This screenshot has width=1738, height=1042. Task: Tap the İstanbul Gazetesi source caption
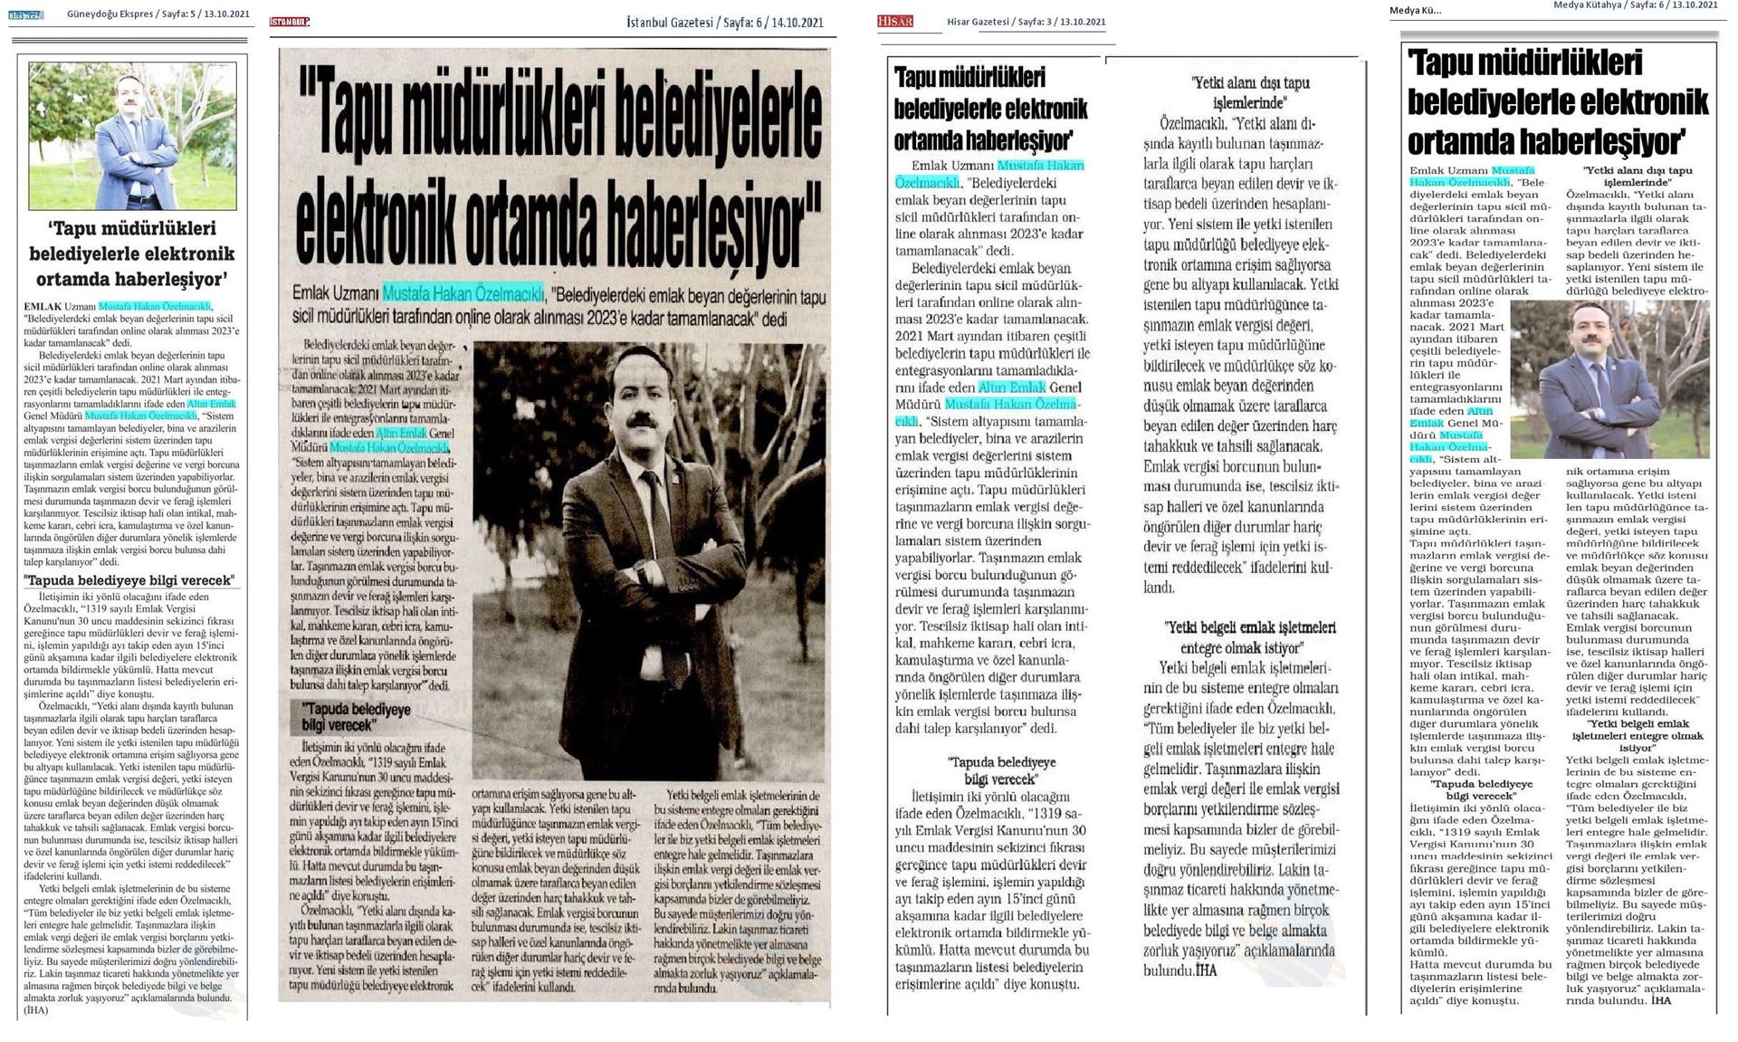pyautogui.click(x=725, y=23)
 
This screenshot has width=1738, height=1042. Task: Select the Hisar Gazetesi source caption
pyautogui.click(x=1026, y=22)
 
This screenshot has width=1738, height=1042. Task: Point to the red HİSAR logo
pyautogui.click(x=896, y=21)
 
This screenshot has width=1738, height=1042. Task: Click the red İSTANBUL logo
pyautogui.click(x=290, y=23)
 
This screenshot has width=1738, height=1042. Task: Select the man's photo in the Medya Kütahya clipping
pyautogui.click(x=1610, y=378)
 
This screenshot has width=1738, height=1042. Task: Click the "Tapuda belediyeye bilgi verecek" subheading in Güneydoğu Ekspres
pyautogui.click(x=129, y=580)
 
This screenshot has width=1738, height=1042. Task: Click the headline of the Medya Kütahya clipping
pyautogui.click(x=1557, y=103)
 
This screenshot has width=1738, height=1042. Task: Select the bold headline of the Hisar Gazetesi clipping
pyautogui.click(x=990, y=108)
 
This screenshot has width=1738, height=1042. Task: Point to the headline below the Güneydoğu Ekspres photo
pyautogui.click(x=132, y=253)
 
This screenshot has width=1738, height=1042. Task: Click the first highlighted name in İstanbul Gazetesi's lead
pyautogui.click(x=462, y=293)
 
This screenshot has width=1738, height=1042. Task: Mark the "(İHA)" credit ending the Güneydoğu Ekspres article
pyautogui.click(x=36, y=1009)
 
